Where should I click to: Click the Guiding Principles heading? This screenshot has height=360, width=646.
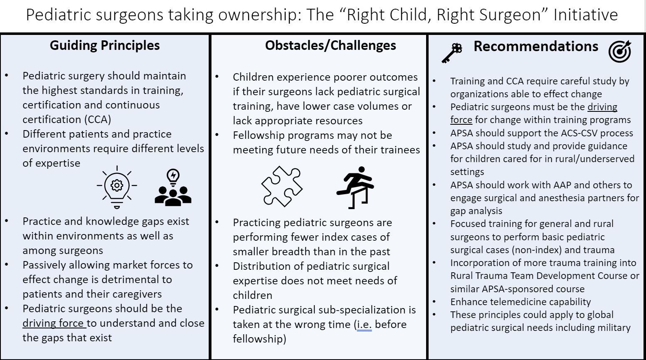click(105, 46)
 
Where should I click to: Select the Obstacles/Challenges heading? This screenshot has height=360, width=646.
click(330, 46)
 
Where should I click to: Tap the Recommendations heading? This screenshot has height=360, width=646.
click(536, 46)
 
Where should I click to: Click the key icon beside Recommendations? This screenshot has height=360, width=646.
click(452, 53)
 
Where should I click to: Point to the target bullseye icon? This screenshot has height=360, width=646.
click(620, 52)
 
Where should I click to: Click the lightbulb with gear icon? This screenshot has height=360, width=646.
click(117, 187)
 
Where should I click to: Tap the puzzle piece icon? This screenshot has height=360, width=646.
click(282, 186)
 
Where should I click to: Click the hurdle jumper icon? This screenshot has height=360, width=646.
click(355, 187)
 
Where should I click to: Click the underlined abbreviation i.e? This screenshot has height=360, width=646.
click(364, 325)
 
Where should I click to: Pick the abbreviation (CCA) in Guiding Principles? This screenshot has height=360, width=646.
click(98, 119)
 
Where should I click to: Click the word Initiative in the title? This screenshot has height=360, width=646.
click(586, 15)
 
